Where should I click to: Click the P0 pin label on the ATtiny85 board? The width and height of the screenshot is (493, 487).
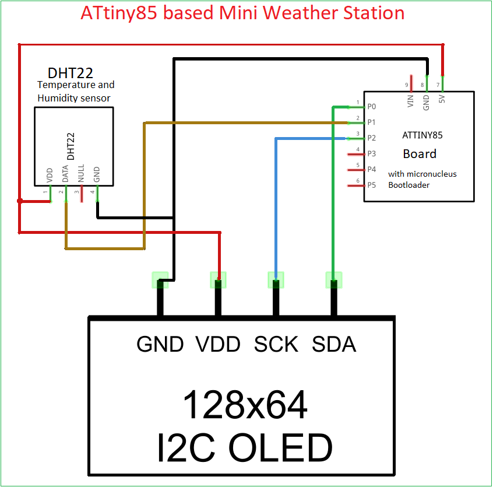tap(372, 107)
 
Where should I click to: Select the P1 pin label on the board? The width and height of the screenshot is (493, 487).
tap(372, 122)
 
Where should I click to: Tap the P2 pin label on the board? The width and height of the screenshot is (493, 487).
tap(372, 138)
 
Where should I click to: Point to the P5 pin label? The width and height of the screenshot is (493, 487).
tap(372, 185)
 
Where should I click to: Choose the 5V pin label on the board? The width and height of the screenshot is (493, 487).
tap(442, 100)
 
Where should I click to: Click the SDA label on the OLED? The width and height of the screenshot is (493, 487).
tap(334, 344)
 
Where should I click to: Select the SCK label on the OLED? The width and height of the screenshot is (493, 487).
tap(276, 344)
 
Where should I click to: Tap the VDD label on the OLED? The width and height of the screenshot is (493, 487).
tap(218, 344)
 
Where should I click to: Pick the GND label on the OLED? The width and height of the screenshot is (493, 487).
tap(160, 344)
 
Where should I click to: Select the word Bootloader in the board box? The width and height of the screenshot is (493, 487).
tap(410, 185)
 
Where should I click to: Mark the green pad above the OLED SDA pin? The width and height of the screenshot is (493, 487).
tap(333, 280)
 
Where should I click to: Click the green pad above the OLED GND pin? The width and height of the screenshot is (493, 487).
tap(160, 280)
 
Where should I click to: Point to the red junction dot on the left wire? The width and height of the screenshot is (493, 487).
tap(20, 201)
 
